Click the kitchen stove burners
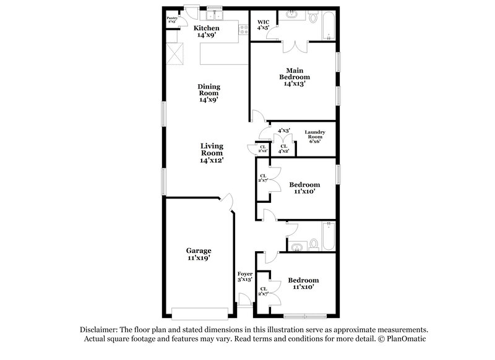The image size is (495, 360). click(x=235, y=29)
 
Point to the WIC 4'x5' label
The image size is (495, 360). click(x=263, y=25)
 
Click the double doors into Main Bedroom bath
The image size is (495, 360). click(x=291, y=48)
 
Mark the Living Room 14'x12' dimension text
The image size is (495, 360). click(x=211, y=160)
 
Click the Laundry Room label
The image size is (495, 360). click(x=316, y=137)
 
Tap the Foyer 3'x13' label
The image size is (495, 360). click(x=245, y=276)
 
